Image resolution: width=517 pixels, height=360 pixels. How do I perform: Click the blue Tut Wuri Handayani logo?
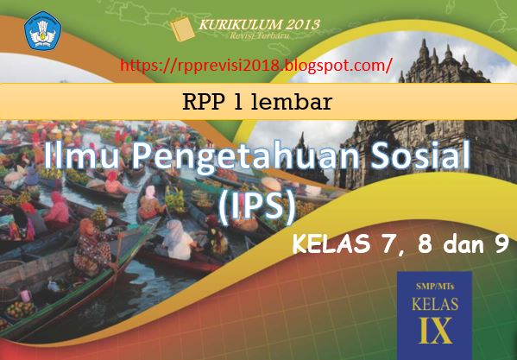(42, 30)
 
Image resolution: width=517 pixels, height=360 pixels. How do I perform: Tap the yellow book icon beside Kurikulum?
(182, 29)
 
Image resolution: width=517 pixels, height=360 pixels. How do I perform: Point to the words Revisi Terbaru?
(259, 35)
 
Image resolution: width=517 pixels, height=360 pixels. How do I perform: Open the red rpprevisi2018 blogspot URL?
(255, 65)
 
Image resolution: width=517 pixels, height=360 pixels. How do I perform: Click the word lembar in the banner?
(291, 102)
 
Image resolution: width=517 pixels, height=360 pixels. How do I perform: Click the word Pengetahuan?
(245, 158)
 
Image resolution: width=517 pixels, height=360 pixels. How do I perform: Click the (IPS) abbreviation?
(256, 209)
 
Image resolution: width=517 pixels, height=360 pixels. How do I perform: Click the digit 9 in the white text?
(501, 244)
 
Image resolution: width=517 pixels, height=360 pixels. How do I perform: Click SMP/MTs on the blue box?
(434, 287)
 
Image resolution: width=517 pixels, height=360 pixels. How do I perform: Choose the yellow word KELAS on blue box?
(435, 304)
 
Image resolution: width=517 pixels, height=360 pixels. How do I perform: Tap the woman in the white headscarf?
(176, 239)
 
